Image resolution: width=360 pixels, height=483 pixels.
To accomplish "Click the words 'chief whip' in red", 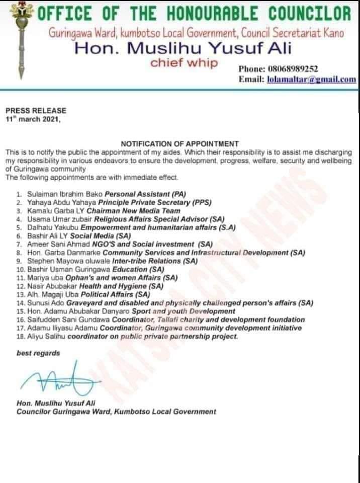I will (x=185, y=63).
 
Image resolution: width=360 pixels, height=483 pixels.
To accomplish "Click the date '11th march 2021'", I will (x=33, y=118).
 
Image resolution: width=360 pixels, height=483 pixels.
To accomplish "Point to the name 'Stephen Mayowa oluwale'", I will (x=58, y=262).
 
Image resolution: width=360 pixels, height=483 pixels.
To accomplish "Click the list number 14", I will (x=20, y=303).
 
